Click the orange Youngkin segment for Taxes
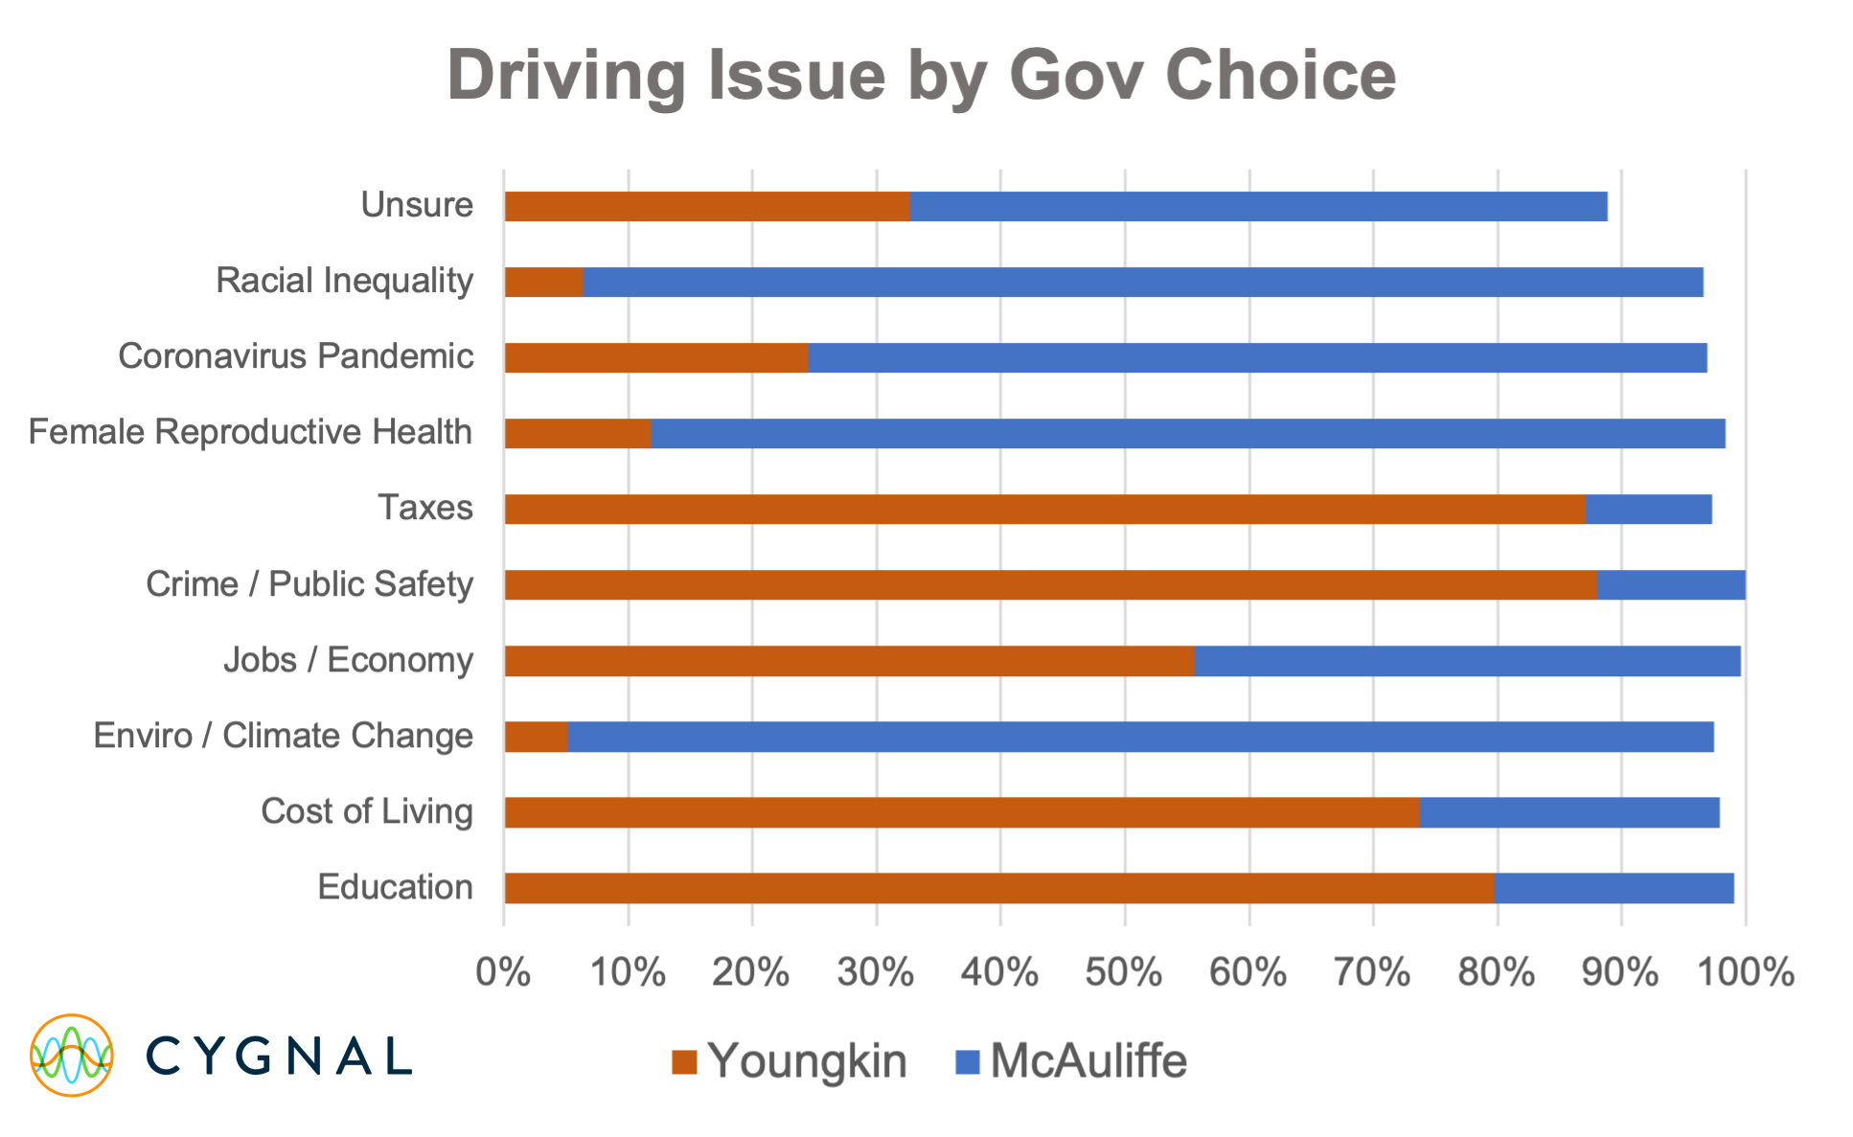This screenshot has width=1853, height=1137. [x=1044, y=509]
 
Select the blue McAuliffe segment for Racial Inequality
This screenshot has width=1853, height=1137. [x=1142, y=283]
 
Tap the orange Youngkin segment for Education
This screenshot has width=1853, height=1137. [x=998, y=888]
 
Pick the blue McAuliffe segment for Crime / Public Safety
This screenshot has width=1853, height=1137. [x=1671, y=584]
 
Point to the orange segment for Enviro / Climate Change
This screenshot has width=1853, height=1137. [x=536, y=737]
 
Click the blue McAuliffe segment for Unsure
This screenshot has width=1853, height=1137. [x=1258, y=206]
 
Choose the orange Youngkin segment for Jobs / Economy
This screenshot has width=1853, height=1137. [x=849, y=661]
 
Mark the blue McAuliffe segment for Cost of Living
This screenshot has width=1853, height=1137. [x=1569, y=812]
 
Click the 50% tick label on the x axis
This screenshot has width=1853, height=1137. [x=1124, y=972]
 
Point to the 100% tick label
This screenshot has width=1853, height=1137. [x=1745, y=972]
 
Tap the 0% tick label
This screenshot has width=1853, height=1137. [x=504, y=972]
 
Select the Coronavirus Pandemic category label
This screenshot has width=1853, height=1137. [x=295, y=356]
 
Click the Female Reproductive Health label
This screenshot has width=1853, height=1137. [x=250, y=432]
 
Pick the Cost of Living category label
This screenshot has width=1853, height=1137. [x=367, y=811]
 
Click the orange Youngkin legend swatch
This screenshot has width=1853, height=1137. [x=684, y=1062]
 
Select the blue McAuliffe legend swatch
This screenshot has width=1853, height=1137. [x=968, y=1062]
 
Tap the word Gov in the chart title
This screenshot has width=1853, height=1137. [x=1075, y=75]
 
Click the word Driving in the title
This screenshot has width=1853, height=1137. [x=566, y=75]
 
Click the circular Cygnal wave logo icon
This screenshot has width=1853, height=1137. [x=72, y=1055]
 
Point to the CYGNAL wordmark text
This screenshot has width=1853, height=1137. [x=279, y=1056]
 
